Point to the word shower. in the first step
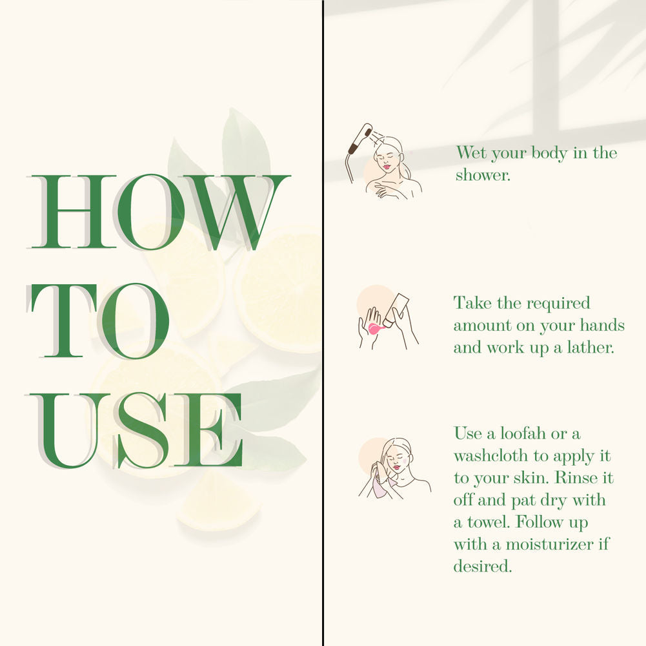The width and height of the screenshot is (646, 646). click(x=483, y=175)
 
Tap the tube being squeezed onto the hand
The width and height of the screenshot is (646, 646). click(x=396, y=309)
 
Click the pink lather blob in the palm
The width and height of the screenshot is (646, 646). click(x=376, y=329)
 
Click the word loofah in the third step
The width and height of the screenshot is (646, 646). click(x=523, y=433)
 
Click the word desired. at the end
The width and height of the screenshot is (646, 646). click(x=483, y=567)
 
